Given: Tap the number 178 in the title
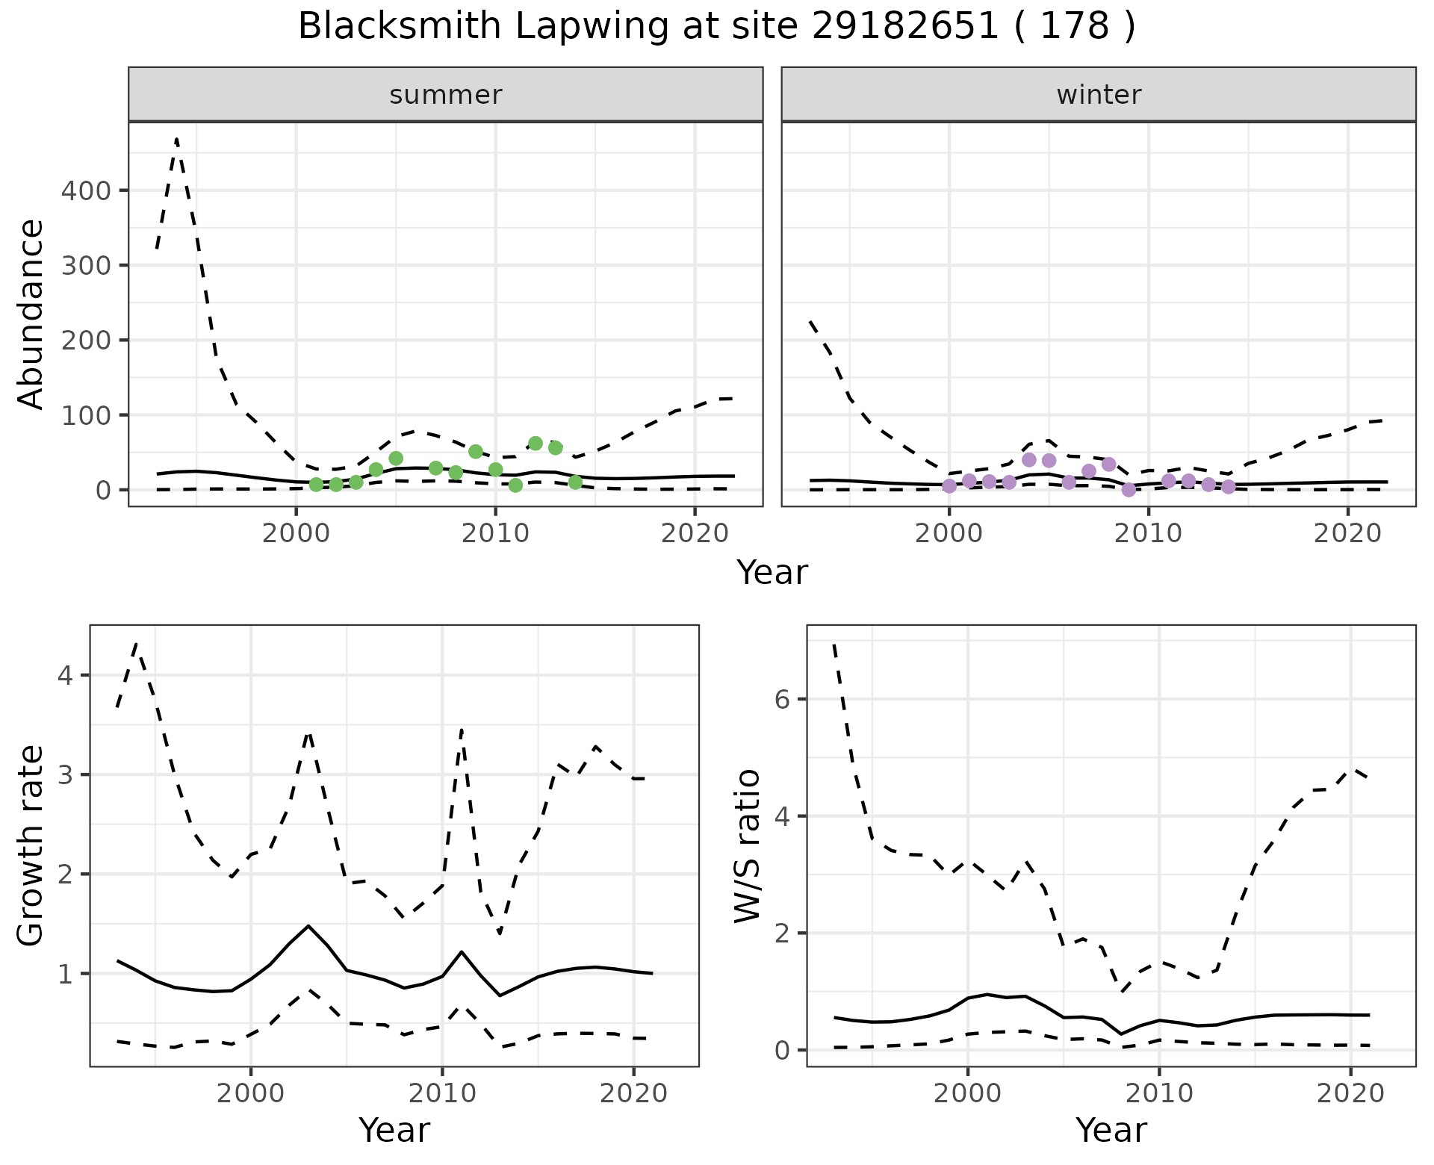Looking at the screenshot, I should point(1074,27).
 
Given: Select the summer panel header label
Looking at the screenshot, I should point(446,95).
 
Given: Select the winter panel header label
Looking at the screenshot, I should point(1099,95).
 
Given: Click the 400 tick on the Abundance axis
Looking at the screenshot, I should point(85,190).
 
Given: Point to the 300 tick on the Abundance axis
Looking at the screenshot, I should point(85,265).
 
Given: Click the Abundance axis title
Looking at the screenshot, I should point(31,314).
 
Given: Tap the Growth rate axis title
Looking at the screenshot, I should point(31,846).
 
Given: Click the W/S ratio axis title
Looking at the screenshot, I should point(748,846).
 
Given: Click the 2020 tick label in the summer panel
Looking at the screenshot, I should point(695,535).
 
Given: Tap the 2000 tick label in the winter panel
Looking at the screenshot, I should point(949,535).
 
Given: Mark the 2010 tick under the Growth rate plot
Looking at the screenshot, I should point(442,1094).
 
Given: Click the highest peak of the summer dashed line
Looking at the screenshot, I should point(176,139).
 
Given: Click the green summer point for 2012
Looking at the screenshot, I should point(536,444).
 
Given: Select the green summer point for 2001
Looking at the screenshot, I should point(316,485).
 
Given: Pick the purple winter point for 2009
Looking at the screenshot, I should point(1129,490).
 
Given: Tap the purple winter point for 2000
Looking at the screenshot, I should point(949,486).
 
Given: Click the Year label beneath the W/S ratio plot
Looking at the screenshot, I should point(1111,1131).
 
